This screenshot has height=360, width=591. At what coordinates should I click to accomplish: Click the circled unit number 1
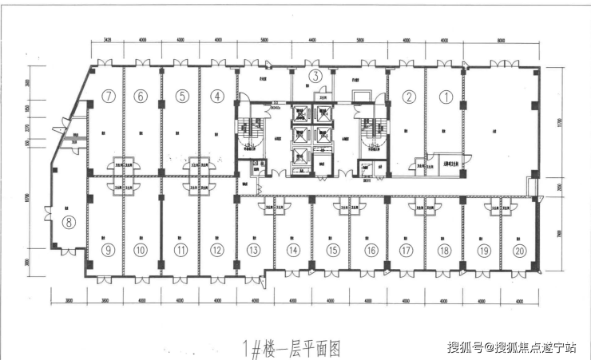click(446, 97)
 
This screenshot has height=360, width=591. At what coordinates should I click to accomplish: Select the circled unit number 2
click(409, 97)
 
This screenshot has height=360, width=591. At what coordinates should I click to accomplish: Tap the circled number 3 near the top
click(315, 77)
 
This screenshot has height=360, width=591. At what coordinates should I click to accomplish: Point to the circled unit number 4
click(216, 97)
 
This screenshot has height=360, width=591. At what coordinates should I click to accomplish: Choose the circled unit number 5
click(182, 97)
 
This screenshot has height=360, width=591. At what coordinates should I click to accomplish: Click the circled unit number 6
click(141, 97)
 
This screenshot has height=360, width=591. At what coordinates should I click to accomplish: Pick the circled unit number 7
click(109, 97)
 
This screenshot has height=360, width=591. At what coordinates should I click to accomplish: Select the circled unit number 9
click(108, 250)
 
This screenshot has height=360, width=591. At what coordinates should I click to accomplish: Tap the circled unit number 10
click(141, 250)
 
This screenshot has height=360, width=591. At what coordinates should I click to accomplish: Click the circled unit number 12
click(217, 250)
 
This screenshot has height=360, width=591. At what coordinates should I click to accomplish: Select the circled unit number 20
click(520, 250)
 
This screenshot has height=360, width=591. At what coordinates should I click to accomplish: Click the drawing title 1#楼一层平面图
click(290, 348)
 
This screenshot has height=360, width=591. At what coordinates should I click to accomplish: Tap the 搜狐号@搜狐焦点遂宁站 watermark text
click(517, 347)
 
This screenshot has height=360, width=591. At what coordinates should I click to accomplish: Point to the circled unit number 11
click(181, 250)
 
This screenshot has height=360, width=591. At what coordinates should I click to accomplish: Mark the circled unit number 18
click(445, 250)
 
